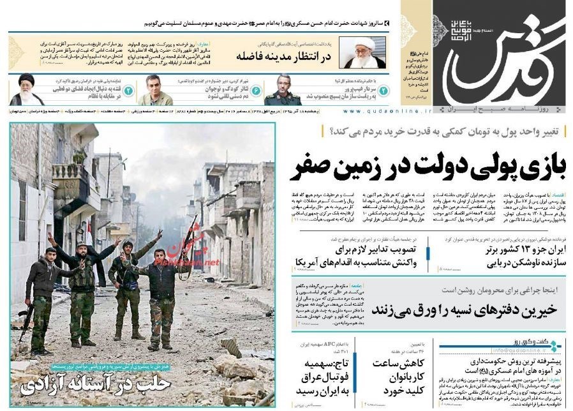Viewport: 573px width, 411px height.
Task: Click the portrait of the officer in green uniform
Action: pyautogui.click(x=283, y=90)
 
